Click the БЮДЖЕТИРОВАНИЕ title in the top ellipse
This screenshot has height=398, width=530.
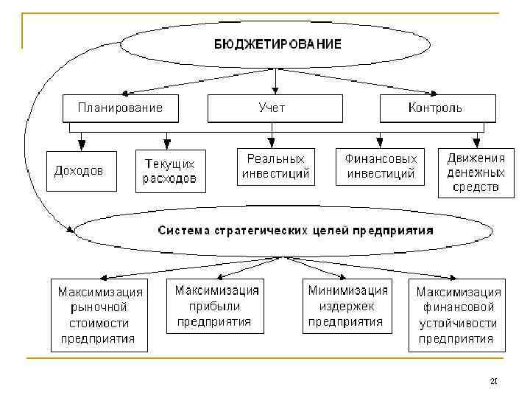point(278,43)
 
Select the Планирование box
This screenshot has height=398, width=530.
point(120,108)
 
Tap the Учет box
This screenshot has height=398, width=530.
point(272,108)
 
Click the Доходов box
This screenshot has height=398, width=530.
point(79,170)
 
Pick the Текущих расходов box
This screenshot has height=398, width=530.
point(170,171)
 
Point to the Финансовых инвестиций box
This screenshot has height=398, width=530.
point(381,166)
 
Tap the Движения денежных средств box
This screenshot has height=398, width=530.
point(476,172)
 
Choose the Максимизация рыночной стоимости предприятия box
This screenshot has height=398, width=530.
point(98,315)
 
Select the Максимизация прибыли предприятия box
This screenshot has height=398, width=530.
point(215,306)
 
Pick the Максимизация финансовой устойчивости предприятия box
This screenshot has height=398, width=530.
point(456,315)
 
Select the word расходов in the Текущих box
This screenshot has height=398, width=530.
point(170,178)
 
